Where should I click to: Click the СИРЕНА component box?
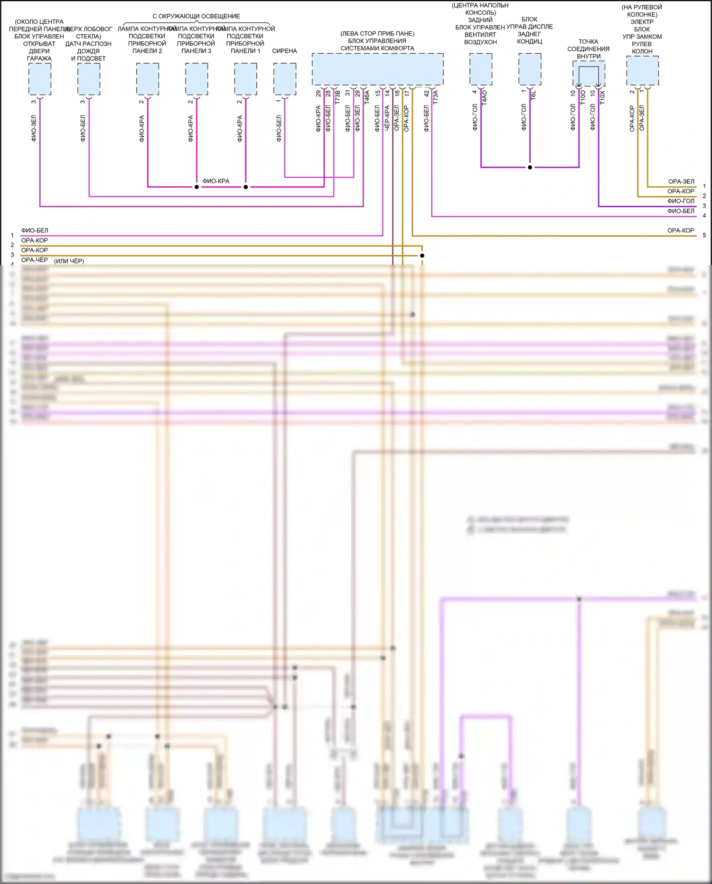pos(285,79)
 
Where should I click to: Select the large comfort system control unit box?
pos(377,69)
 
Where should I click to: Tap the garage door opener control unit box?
pos(40,79)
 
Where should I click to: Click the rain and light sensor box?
pos(89,79)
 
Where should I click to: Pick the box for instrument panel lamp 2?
pos(148,79)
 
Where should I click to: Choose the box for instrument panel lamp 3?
pos(197,79)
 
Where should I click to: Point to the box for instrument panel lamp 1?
pos(245,79)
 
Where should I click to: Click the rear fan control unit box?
pos(481,69)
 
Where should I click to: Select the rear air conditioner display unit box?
pos(530,69)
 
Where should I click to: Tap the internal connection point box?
pos(589,74)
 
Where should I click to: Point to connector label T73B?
pos(337,98)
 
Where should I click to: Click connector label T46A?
pos(366,98)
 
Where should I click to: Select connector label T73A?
pos(435,97)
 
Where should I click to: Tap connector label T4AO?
pos(485,98)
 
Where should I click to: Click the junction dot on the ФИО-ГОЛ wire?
pos(530,167)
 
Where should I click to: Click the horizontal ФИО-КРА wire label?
pos(216,181)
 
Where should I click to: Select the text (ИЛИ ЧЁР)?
pos(69,261)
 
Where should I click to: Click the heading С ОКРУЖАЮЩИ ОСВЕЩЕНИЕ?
pos(196,16)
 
